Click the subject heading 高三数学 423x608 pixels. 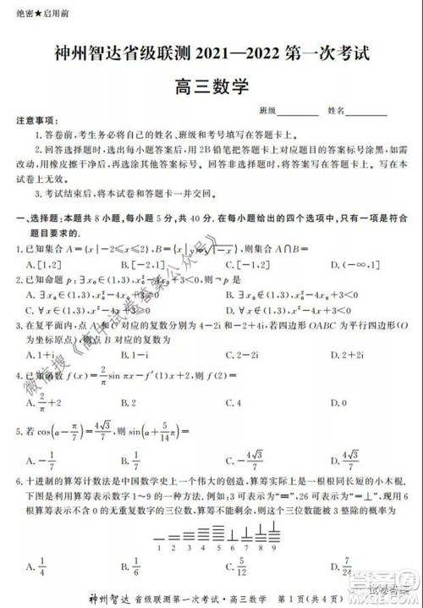(211, 84)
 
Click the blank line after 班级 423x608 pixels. (298, 111)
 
